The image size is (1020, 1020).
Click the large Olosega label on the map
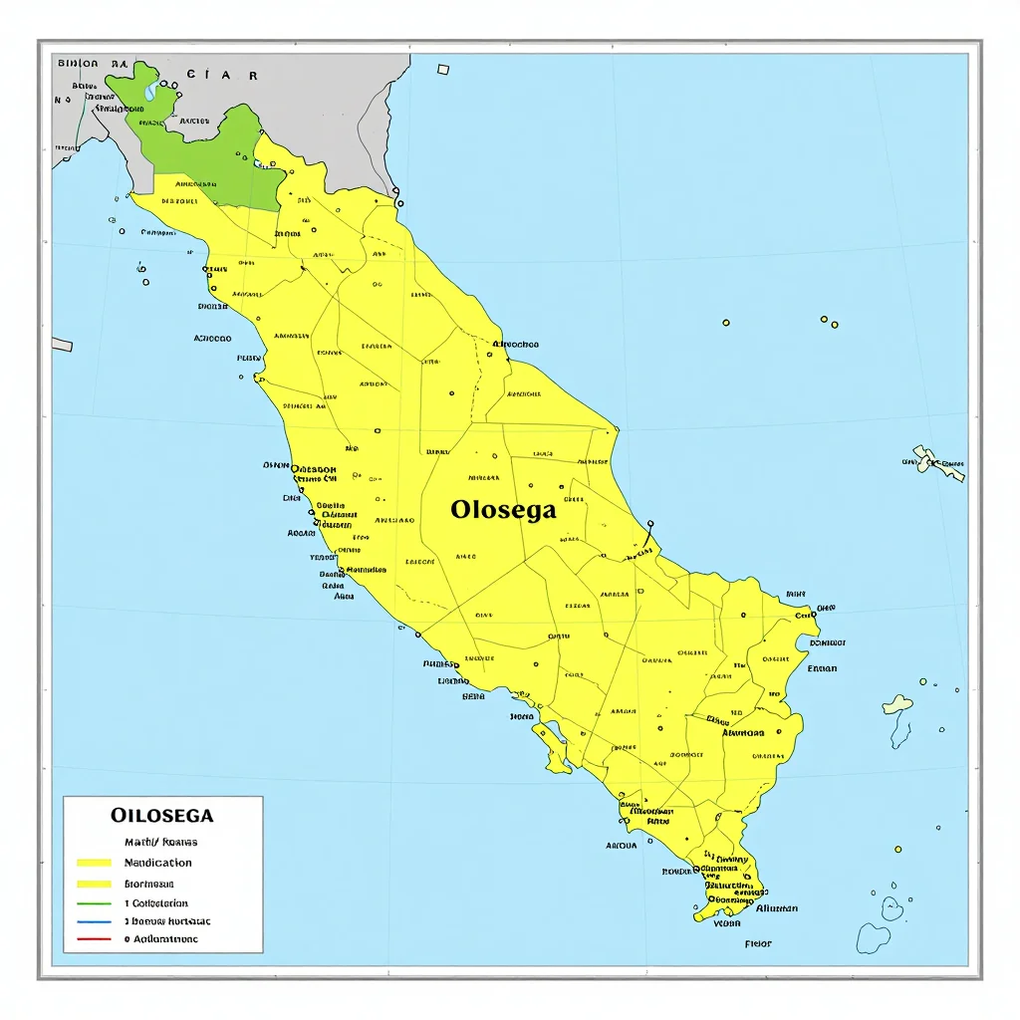tap(502, 510)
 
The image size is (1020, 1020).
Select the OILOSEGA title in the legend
tap(161, 815)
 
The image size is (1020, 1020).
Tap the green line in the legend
tap(94, 903)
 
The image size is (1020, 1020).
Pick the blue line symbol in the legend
tap(94, 921)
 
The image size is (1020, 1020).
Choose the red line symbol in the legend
tap(94, 939)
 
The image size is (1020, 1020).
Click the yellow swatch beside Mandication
tap(94, 863)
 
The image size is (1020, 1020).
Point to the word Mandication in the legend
tap(157, 863)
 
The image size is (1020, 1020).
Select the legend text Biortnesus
tap(148, 884)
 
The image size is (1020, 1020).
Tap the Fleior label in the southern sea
tap(758, 943)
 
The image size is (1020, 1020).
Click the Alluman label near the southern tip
tap(776, 908)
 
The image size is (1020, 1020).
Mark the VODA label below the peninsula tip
tap(728, 922)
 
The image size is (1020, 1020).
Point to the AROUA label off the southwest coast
tap(621, 846)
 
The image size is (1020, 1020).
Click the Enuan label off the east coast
tap(822, 668)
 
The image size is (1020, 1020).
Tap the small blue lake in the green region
tap(150, 91)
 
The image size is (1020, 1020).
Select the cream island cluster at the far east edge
tap(937, 462)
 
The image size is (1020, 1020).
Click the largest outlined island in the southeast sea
tap(874, 936)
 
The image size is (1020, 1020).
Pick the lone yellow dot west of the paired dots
tap(725, 323)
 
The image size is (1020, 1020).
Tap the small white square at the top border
tap(443, 69)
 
